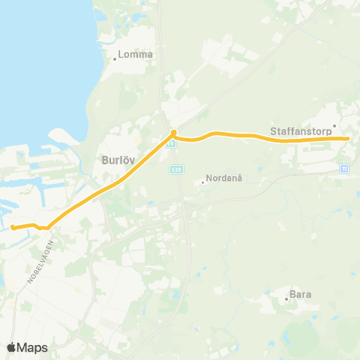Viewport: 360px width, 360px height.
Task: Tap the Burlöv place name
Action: [x=118, y=159]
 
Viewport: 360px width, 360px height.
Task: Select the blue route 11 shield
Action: [x=344, y=168]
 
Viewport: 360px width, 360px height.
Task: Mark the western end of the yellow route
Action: [x=13, y=226]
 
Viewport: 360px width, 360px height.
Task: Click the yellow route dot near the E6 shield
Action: [x=173, y=133]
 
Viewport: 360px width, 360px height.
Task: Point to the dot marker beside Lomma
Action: [x=114, y=58]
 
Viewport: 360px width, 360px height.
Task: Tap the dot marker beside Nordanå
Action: [x=203, y=180]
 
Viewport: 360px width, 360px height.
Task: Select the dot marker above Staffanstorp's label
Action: [x=334, y=126]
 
